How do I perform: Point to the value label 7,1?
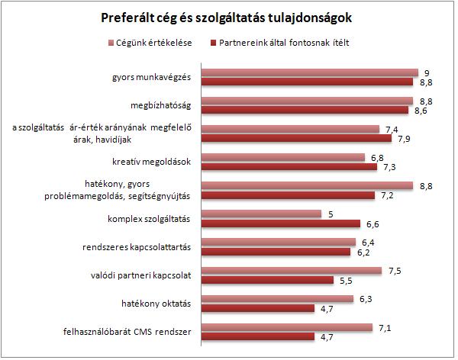pos(385,327)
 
